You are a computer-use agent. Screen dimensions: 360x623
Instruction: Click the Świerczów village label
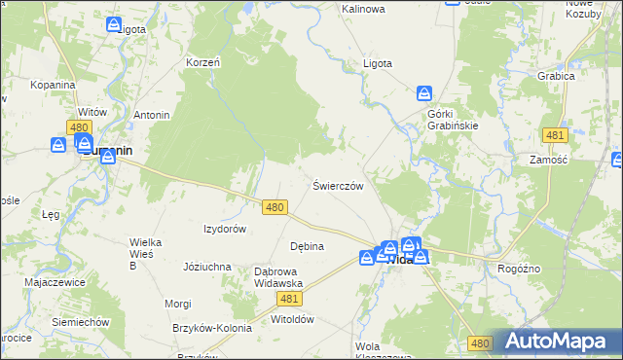pos(338,186)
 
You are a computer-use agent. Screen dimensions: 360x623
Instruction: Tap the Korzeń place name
pos(203,62)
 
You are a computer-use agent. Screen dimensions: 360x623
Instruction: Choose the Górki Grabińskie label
pos(453,119)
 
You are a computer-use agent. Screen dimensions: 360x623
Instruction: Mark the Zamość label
pos(548,159)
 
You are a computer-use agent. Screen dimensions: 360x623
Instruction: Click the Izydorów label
pos(224,229)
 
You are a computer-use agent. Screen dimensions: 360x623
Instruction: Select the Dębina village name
pos(307,246)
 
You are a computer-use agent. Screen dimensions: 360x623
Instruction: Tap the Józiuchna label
pos(206,266)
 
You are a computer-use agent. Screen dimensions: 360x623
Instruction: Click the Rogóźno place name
pos(519,269)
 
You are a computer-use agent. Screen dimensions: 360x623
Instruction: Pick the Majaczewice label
pos(55,282)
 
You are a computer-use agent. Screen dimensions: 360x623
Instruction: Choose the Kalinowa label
pos(363,9)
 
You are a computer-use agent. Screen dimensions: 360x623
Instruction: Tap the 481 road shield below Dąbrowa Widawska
pos(289,300)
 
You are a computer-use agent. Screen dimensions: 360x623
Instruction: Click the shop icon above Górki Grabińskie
pos(424,94)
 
